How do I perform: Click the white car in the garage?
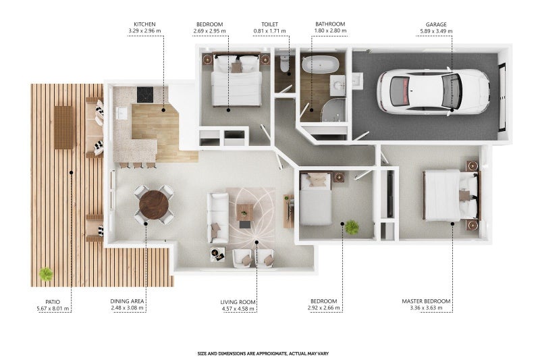point(433,92)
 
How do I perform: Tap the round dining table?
point(154,205)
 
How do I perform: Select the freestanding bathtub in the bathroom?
point(321,64)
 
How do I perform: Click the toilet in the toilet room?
point(284,63)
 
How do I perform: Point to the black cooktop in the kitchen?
point(145,95)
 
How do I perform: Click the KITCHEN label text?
point(144,24)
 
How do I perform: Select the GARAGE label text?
point(436,24)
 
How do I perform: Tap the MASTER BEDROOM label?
point(426,301)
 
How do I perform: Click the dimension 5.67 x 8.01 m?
point(53,308)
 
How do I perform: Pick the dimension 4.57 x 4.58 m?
point(238,309)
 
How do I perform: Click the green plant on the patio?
point(46,274)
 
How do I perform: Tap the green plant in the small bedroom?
point(352,228)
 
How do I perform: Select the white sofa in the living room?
point(217,217)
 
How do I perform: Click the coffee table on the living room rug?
point(245,212)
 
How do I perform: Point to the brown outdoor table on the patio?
point(63,127)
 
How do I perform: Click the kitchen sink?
point(122,113)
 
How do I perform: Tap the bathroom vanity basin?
point(337,84)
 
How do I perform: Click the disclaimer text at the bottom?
point(263,353)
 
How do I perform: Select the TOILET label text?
point(269,24)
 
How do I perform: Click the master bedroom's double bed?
point(452,195)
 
